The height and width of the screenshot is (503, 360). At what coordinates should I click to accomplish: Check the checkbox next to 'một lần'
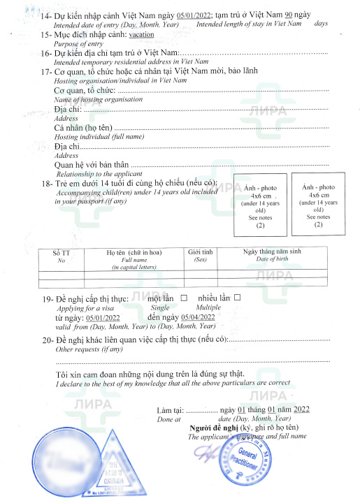tap(185, 298)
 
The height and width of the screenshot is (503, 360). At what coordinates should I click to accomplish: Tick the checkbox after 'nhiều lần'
tap(237, 298)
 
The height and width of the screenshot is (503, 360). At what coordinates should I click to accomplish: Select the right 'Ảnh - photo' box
tap(318, 206)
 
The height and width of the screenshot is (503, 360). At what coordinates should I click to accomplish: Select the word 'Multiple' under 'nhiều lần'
tap(209, 307)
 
